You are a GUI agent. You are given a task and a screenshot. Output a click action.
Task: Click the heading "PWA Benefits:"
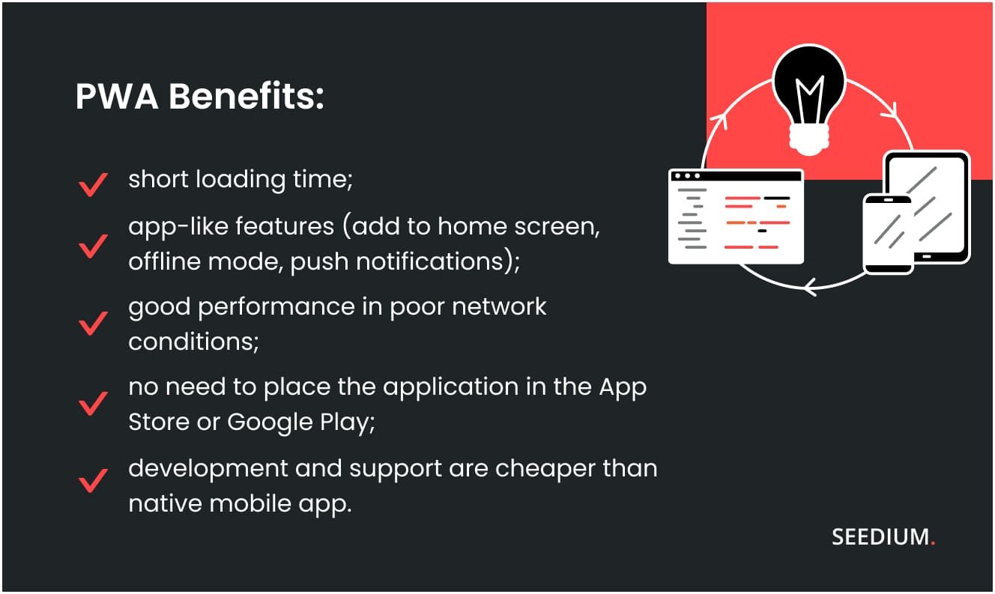(199, 97)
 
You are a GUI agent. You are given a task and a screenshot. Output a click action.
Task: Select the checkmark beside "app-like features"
(93, 245)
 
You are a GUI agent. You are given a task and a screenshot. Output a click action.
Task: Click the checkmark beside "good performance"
(93, 324)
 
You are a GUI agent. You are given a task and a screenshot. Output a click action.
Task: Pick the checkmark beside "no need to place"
(93, 404)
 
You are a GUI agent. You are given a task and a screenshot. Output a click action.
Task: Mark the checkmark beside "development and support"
(93, 481)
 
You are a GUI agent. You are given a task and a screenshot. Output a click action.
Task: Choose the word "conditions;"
(194, 342)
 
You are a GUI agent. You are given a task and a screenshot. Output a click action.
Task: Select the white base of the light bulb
(809, 139)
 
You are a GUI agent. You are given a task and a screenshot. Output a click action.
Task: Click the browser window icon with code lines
(735, 216)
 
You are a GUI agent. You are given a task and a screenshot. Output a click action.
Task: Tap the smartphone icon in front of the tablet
(888, 234)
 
